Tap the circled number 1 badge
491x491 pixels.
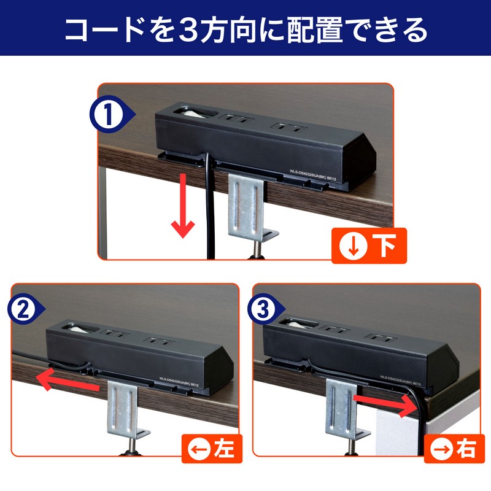point(110,114)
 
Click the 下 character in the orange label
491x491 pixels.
point(384,247)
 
